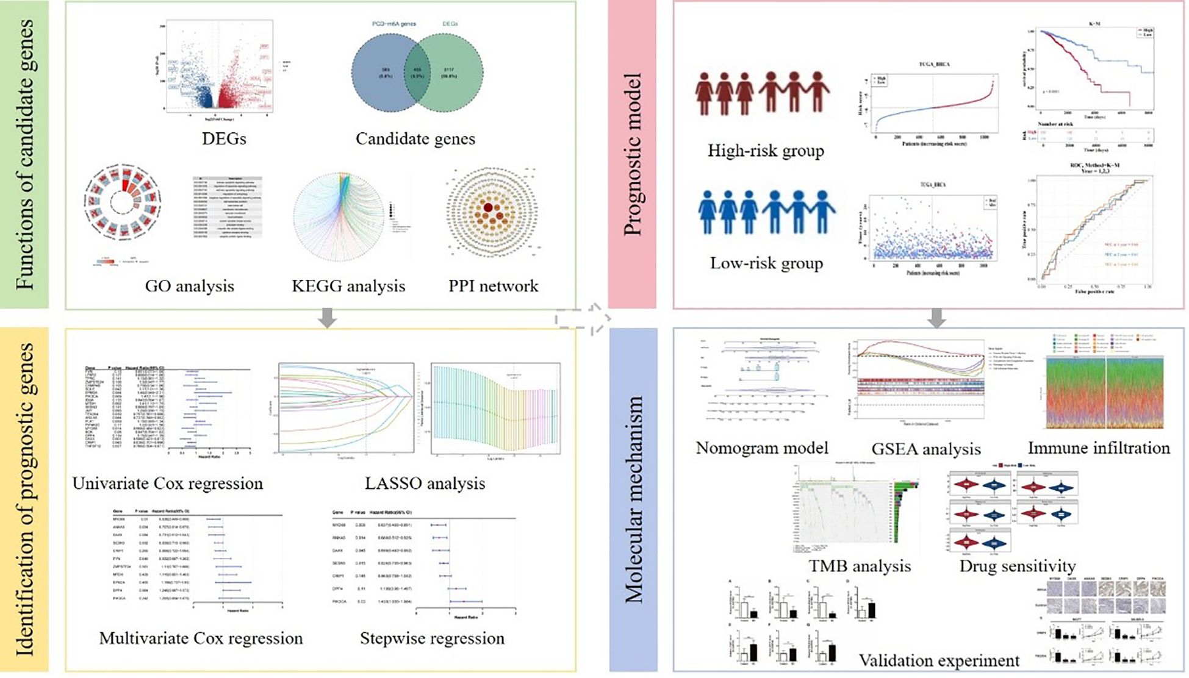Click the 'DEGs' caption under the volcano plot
[x=224, y=139]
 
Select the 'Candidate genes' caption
[x=415, y=139]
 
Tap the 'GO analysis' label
[x=189, y=286]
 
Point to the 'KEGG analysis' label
[x=348, y=286]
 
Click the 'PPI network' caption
[x=494, y=286]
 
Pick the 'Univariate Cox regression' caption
[x=168, y=484]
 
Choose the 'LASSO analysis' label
[x=425, y=484]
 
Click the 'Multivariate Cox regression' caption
[x=201, y=638]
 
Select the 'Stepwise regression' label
[x=432, y=638]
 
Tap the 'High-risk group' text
[x=766, y=151]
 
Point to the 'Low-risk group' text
[x=766, y=263]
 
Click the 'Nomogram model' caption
[x=762, y=448]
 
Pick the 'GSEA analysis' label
[x=926, y=449]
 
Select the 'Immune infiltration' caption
[x=1099, y=448]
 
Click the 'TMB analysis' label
[x=860, y=566]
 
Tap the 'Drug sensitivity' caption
[x=1018, y=566]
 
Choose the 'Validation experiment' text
[x=939, y=660]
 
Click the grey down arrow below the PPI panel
[x=328, y=318]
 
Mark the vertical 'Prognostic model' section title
[x=633, y=154]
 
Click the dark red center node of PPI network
[x=488, y=208]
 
